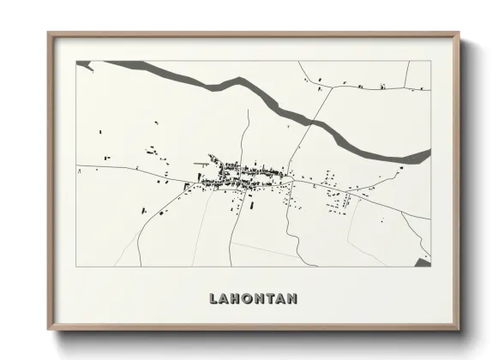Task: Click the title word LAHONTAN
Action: click(253, 298)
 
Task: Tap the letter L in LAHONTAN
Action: click(213, 298)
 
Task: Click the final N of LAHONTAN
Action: click(292, 298)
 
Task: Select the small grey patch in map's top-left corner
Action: click(83, 63)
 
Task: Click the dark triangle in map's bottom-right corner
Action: click(423, 261)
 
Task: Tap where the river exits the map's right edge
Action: click(429, 154)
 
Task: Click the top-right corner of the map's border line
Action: click(430, 61)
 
